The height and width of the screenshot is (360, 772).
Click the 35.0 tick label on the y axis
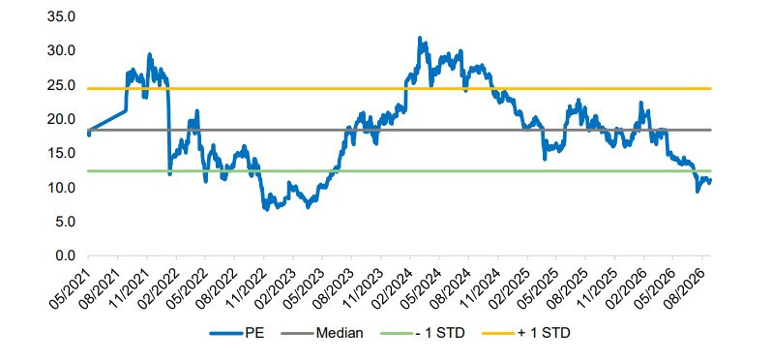click(61, 16)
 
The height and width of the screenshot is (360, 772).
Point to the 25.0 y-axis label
click(61, 85)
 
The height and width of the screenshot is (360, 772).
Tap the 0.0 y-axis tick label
click(64, 255)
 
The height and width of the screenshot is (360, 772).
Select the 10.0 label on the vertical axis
click(61, 188)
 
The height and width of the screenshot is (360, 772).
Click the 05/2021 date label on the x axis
click(70, 288)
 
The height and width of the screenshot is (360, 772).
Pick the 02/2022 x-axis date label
click(158, 288)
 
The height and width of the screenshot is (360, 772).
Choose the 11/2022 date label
click(245, 288)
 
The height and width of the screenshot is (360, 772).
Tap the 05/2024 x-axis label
click(421, 288)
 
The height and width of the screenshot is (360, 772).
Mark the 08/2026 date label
click(685, 288)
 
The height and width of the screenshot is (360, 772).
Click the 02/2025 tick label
click(509, 288)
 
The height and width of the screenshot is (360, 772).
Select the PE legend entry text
click(254, 334)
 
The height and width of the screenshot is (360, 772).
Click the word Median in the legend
click(340, 334)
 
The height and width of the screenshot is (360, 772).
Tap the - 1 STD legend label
click(441, 334)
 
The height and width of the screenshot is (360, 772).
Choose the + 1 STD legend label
click(544, 334)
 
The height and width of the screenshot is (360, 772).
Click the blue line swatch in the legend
click(227, 334)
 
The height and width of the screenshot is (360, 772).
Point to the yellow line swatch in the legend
click(499, 334)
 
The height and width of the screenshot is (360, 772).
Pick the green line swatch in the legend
click(398, 334)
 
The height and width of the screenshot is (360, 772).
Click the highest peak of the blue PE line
click(419, 38)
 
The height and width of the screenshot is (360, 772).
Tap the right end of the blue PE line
click(710, 181)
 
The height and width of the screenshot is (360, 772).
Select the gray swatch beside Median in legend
click(297, 334)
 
